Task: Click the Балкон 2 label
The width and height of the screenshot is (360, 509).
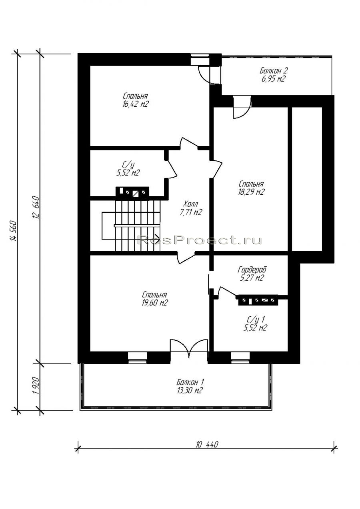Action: click(274, 70)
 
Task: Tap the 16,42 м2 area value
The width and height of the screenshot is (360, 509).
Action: click(136, 104)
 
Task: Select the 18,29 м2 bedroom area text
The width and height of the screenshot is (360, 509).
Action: click(251, 192)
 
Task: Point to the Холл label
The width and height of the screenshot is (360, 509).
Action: click(191, 204)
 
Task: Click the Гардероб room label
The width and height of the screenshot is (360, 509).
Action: click(252, 270)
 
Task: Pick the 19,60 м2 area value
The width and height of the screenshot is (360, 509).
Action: click(154, 303)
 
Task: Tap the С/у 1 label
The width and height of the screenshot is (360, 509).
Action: click(256, 319)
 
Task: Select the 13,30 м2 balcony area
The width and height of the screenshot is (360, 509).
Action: click(189, 390)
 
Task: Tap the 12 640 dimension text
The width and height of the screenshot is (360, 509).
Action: click(36, 207)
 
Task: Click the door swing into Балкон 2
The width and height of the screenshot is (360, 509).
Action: click(242, 107)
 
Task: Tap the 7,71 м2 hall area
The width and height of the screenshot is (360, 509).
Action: click(191, 212)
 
